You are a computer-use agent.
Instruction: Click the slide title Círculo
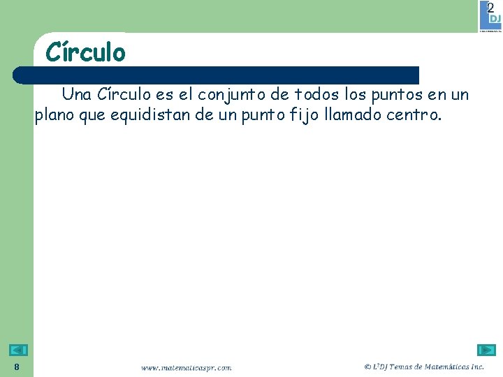click(85, 52)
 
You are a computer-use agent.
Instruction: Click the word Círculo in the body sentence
click(124, 94)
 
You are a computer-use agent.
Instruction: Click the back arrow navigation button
click(19, 350)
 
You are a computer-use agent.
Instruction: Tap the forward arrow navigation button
click(486, 350)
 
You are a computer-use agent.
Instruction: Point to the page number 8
click(17, 367)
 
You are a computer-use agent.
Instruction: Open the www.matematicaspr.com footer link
click(186, 367)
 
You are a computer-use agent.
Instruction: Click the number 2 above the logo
click(490, 7)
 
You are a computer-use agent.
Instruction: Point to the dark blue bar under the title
click(217, 75)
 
